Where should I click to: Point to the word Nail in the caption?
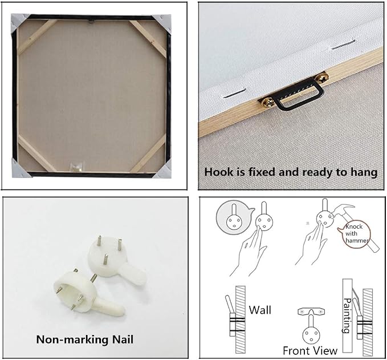tap(123, 339)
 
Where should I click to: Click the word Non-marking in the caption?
tap(72, 339)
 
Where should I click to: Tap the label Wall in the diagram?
tap(260, 310)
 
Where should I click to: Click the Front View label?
tap(310, 351)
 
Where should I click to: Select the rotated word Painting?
tap(347, 315)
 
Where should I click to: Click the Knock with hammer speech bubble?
tap(354, 233)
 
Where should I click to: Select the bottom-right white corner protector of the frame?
tap(163, 169)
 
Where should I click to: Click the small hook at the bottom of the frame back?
tap(77, 166)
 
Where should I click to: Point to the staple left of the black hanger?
tap(234, 94)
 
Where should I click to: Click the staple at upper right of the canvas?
tap(343, 44)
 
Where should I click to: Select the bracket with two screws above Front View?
tap(311, 312)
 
